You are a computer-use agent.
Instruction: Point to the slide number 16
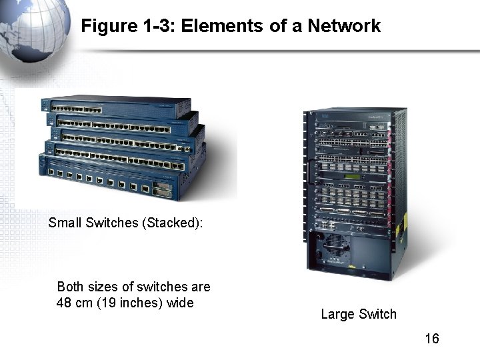click(432, 339)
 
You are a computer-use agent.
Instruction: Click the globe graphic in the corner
click(33, 27)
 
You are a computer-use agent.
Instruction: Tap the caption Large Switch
click(358, 314)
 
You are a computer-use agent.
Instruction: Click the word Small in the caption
click(65, 223)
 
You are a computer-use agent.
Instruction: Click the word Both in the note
click(71, 287)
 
